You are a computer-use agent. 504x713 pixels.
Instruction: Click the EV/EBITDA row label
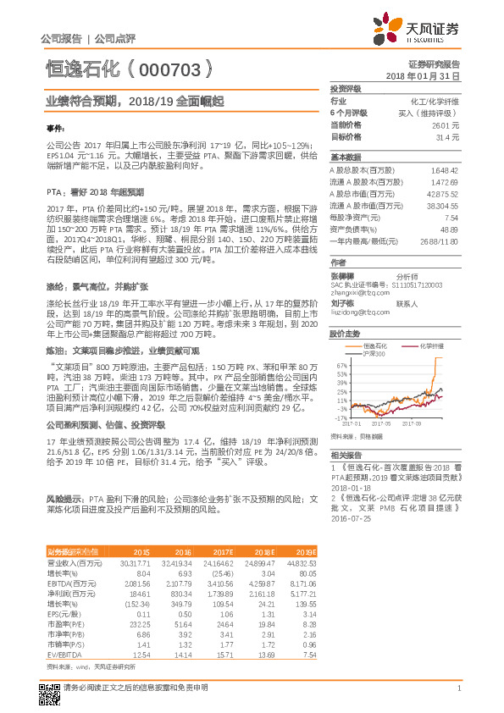65,631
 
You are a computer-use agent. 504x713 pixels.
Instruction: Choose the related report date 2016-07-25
353,519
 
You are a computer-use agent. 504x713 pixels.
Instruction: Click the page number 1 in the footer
457,689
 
